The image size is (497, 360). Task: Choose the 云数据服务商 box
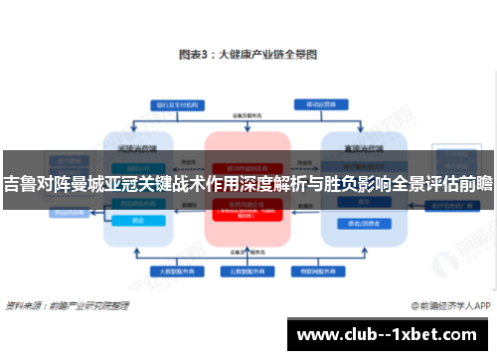(248, 270)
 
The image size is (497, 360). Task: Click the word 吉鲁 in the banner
(19, 183)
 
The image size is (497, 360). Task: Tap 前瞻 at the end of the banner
(476, 183)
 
